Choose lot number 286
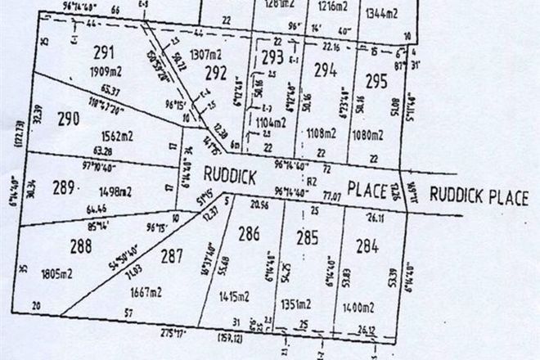click(249, 234)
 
